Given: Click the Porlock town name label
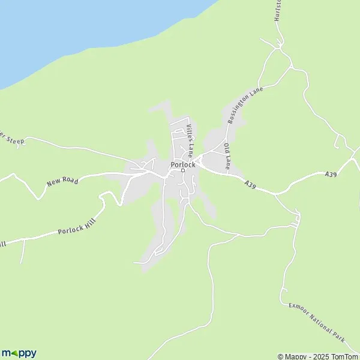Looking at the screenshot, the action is (181, 164).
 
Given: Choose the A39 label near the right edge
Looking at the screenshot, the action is (330, 174).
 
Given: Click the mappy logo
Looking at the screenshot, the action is (19, 353).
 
